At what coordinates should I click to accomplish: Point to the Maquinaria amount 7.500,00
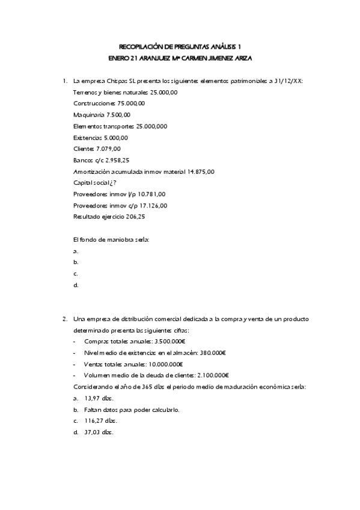[x=118, y=114]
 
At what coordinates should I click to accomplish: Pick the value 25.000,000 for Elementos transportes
[x=151, y=126]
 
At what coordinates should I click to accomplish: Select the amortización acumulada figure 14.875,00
[x=201, y=171]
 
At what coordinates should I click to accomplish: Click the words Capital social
[x=90, y=183]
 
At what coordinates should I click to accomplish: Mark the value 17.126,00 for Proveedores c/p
[x=153, y=206]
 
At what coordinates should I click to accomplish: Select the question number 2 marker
[x=65, y=319]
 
